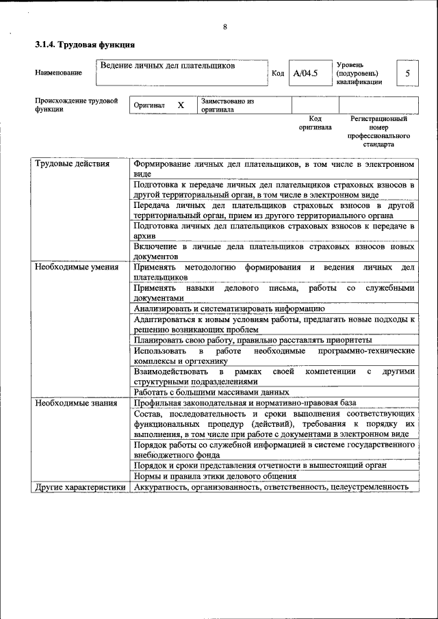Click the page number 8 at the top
click(x=224, y=27)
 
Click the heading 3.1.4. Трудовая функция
click(x=84, y=44)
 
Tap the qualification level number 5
click(x=408, y=73)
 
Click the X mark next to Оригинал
click(x=181, y=105)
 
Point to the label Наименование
click(x=58, y=73)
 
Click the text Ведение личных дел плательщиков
click(x=168, y=66)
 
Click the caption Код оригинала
click(x=315, y=122)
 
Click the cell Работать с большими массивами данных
click(x=211, y=393)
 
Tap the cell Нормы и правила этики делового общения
click(x=215, y=476)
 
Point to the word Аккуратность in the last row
click(x=162, y=487)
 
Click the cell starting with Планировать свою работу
click(x=253, y=339)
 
